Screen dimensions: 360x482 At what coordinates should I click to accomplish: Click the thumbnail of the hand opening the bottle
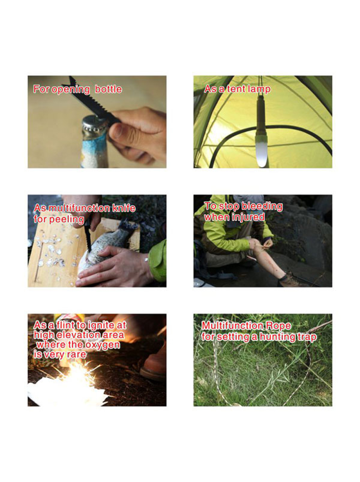97,122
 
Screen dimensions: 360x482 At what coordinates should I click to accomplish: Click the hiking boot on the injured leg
293,279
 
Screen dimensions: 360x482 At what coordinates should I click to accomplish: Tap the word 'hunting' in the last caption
277,337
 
